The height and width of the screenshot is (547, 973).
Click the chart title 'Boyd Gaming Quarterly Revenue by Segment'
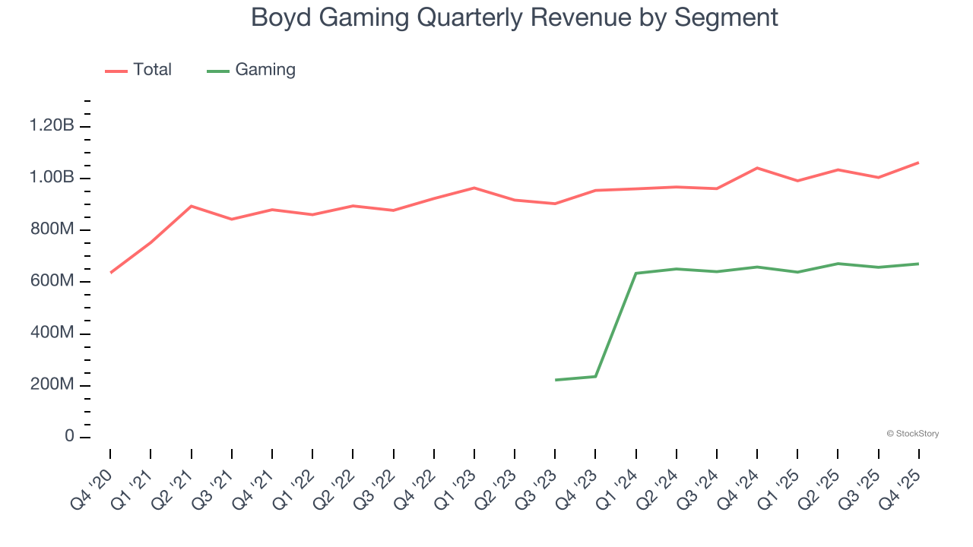(515, 17)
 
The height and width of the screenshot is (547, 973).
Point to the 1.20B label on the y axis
(52, 126)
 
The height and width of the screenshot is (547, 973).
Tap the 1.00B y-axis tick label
(52, 178)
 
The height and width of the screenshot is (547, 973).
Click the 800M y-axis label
(52, 230)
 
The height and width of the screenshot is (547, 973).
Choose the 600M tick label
(52, 282)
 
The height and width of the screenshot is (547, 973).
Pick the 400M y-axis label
(52, 334)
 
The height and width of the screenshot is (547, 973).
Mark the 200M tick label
(52, 385)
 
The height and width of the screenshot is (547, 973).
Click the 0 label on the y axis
(69, 437)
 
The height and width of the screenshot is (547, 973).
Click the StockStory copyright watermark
(912, 434)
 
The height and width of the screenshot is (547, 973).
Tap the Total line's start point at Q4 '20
(111, 273)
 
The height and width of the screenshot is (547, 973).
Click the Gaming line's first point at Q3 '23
(556, 380)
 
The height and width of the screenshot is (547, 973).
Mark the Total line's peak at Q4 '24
(757, 168)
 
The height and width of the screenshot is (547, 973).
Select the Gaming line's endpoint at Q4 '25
(918, 264)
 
